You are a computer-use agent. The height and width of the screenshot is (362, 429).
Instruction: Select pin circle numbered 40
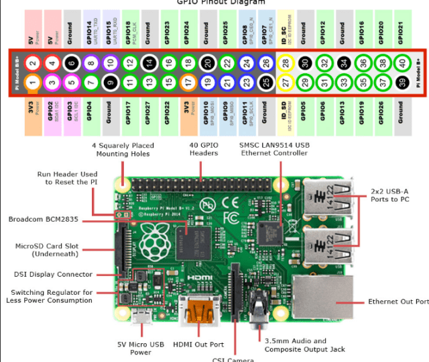click(402, 63)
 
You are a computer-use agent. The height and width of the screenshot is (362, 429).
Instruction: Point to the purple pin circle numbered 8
click(90, 63)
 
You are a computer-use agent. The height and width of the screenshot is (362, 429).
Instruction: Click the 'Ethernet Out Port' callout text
click(397, 302)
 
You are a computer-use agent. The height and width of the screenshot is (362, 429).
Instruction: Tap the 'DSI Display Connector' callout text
click(52, 274)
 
